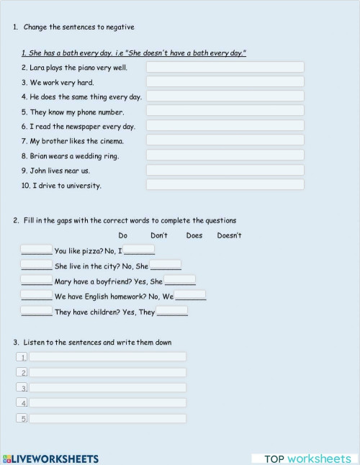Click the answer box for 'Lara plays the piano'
tap(225, 67)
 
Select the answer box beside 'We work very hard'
tap(225, 82)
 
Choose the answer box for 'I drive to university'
tap(225, 185)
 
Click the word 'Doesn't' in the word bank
tap(229, 235)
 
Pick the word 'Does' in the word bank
tap(194, 235)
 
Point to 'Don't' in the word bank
tap(159, 235)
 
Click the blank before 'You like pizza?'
tap(36, 250)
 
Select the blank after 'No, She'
tap(165, 265)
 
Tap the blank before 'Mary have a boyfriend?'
tap(36, 281)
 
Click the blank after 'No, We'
tap(190, 295)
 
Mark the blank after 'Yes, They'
tap(172, 311)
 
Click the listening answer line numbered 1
tap(107, 356)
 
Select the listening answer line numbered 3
tap(107, 387)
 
